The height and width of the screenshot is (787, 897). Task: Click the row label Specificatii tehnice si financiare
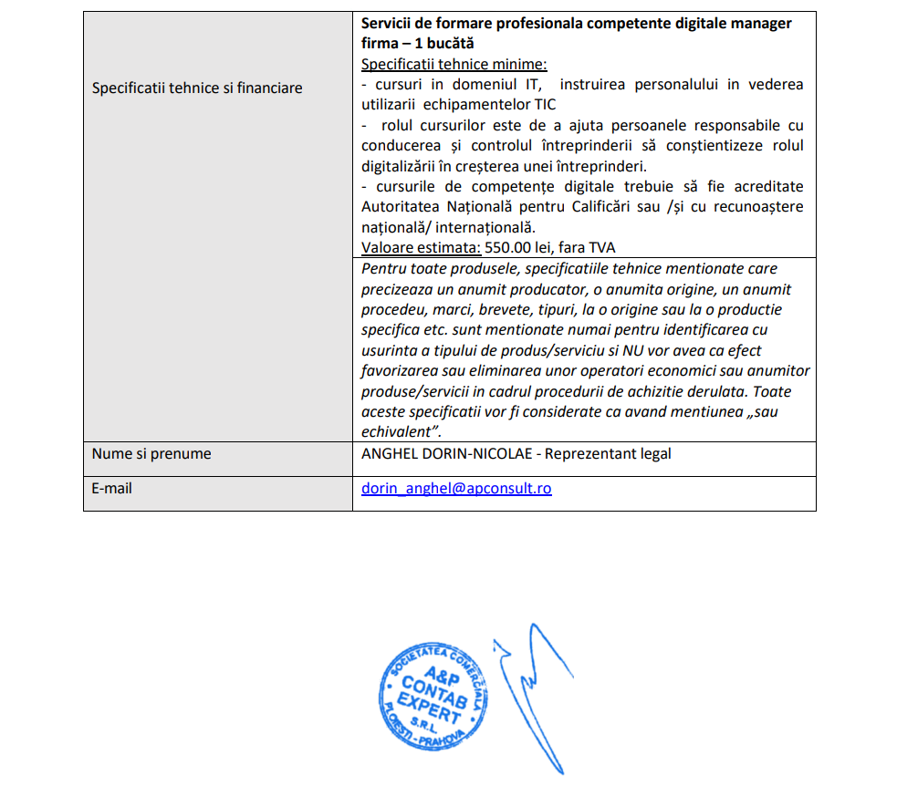pos(197,88)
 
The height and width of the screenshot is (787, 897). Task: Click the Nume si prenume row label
pos(151,453)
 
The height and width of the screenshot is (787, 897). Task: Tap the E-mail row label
pos(111,488)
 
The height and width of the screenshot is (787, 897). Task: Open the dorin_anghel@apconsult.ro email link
pos(456,488)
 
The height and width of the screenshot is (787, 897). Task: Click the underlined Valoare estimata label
pos(421,247)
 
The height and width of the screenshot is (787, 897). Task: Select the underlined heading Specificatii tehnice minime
pos(454,64)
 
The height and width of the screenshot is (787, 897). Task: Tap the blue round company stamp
pos(426,702)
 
